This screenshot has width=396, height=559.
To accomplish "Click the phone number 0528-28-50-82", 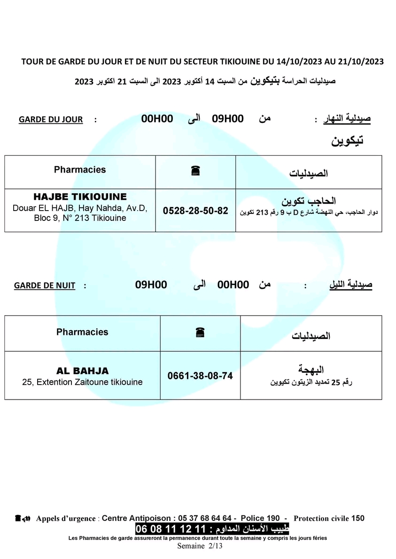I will coord(195,211).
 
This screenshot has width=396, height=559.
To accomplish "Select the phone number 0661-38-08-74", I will coord(200,376).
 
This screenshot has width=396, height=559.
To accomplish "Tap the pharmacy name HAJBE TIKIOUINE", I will coord(80,197).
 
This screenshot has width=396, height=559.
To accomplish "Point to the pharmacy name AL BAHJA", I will coord(82,371).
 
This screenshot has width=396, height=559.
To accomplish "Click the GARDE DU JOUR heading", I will coord(51,120).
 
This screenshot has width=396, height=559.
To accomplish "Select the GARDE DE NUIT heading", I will coord(45,285).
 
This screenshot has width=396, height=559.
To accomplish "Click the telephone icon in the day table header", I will coord(196,172).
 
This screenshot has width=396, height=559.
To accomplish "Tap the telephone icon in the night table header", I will coord(200,333).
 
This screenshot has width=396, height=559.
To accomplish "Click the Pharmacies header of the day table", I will coord(80,170).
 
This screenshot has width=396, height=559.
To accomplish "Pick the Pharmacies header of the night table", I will coord(82,332).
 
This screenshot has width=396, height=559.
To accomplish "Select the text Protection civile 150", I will coord(329,518).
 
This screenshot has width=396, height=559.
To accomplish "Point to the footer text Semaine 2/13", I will coord(200,546).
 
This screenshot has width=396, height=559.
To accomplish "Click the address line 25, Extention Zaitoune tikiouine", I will coord(82,382).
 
